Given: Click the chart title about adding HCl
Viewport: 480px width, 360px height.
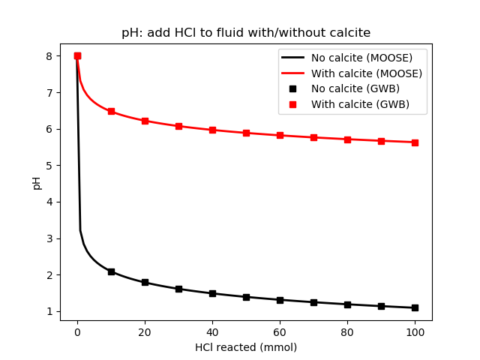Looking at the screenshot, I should pyautogui.click(x=246, y=33).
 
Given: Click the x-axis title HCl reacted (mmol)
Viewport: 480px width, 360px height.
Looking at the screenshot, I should pyautogui.click(x=246, y=347).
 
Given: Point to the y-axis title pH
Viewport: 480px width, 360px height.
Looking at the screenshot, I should pyautogui.click(x=37, y=182).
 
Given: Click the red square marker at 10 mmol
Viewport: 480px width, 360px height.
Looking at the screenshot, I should pyautogui.click(x=111, y=111).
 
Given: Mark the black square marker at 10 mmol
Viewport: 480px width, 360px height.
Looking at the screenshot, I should pyautogui.click(x=111, y=271).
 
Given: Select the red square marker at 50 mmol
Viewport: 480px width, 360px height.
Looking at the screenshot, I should pyautogui.click(x=246, y=133).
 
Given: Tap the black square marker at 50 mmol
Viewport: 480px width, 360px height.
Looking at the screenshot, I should pyautogui.click(x=246, y=297).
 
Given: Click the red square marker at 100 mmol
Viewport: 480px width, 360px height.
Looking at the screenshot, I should pyautogui.click(x=415, y=142).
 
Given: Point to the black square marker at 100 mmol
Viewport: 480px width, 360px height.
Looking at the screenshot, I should pyautogui.click(x=415, y=307).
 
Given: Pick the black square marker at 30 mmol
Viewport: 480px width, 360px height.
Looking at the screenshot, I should pyautogui.click(x=178, y=289).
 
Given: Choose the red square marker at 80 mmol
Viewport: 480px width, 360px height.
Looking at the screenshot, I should pyautogui.click(x=347, y=139).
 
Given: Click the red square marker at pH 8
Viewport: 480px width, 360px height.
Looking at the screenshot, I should pyautogui.click(x=77, y=55).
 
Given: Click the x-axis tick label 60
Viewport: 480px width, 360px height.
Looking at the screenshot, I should pyautogui.click(x=280, y=331).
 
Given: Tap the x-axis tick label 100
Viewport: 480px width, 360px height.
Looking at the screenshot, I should pyautogui.click(x=415, y=331).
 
